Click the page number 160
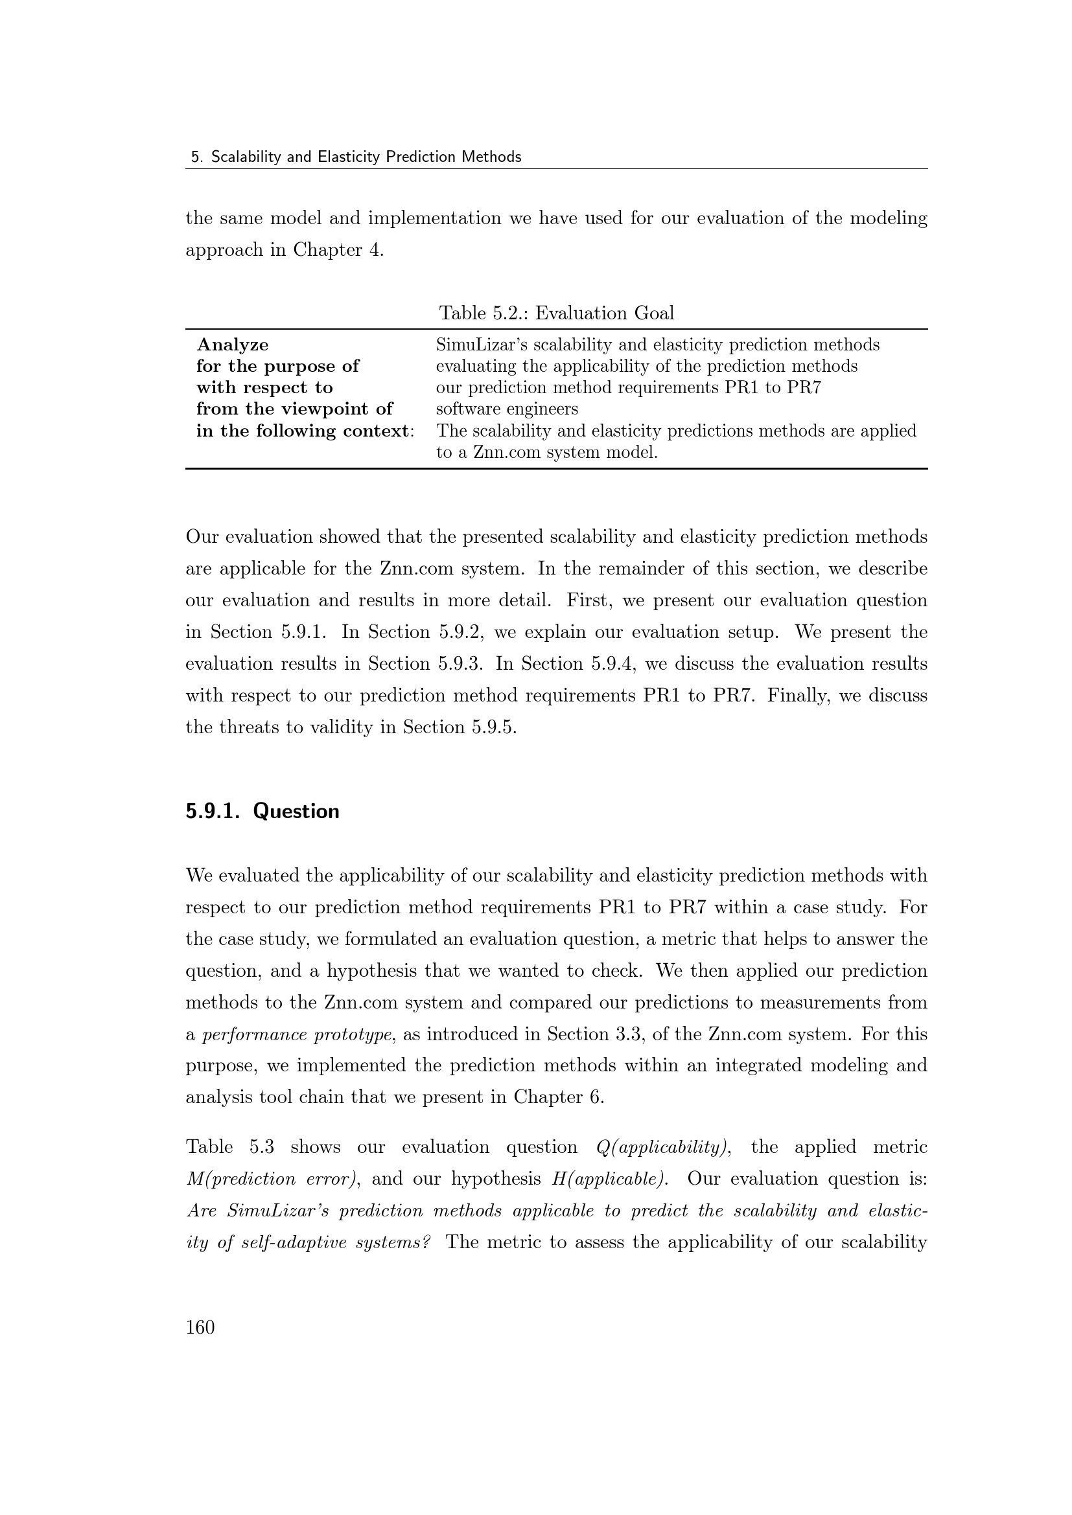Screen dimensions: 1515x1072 tap(200, 1327)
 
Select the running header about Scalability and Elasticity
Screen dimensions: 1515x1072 tap(356, 157)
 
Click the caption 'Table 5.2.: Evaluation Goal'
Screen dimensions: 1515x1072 tap(557, 313)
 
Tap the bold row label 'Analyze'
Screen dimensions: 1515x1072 tap(233, 345)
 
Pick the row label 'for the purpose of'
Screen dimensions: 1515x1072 tap(277, 366)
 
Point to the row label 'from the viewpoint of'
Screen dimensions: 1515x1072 tap(294, 409)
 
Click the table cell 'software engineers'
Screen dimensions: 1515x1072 tap(506, 409)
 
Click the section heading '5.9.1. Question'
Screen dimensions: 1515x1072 tap(262, 811)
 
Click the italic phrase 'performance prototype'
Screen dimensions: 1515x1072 tap(297, 1034)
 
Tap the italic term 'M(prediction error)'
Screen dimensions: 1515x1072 tap(272, 1178)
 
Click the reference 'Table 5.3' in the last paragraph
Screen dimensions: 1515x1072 tap(229, 1147)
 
